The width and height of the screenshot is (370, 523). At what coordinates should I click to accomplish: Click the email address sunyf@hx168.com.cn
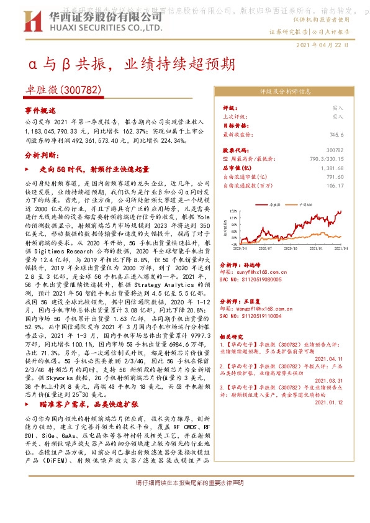(258, 271)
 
